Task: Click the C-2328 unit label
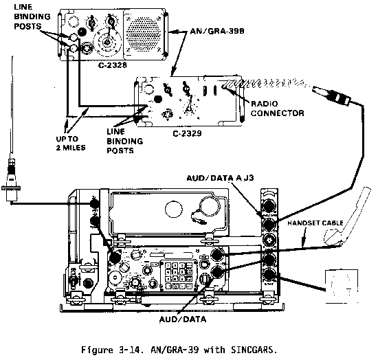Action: tap(112, 65)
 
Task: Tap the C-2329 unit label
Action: tap(187, 133)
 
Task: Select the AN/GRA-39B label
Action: tap(217, 31)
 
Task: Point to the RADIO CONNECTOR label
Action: tap(277, 109)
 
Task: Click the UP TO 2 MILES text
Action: tap(71, 143)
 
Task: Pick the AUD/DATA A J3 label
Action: tap(220, 178)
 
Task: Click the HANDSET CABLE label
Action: tap(315, 223)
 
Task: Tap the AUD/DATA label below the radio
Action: tap(183, 319)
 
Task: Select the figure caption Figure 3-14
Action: tap(179, 350)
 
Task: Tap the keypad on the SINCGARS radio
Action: tap(179, 275)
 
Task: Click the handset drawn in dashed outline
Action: tap(347, 217)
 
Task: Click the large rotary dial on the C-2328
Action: tap(107, 42)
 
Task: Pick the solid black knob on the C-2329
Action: tap(157, 99)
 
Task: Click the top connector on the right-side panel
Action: tap(269, 205)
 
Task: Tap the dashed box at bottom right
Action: tap(342, 286)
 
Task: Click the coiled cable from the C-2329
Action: tap(265, 83)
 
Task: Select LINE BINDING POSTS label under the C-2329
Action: tap(124, 142)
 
